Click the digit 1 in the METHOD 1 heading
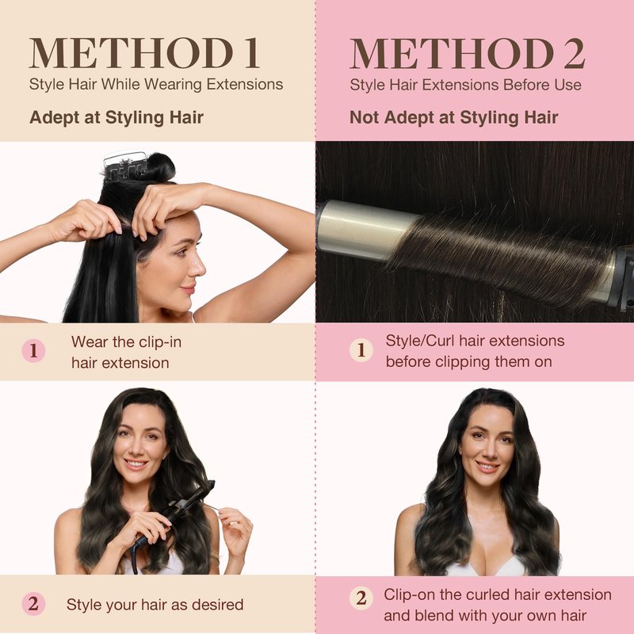(251, 53)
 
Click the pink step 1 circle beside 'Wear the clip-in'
(33, 350)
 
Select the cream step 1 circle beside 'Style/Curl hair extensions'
(361, 349)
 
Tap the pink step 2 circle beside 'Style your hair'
(33, 604)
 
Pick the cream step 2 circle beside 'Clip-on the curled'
(361, 598)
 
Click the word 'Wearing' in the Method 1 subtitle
(173, 85)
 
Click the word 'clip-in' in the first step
(160, 342)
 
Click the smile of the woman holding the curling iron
(135, 464)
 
